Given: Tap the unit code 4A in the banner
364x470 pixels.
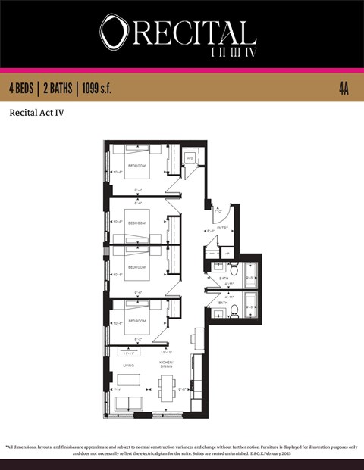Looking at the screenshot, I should pos(344,89).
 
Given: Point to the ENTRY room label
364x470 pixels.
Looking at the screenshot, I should pos(223,227).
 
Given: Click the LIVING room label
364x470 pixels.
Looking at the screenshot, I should pos(129,365).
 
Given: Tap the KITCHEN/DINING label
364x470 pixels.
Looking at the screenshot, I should pos(167,365).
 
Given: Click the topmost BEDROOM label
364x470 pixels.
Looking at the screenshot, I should pos(136,165).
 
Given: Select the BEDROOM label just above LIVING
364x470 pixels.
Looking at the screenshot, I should pos(136,321).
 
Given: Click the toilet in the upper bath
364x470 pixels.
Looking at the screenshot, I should pos(234,269).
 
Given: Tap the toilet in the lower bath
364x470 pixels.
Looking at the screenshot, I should pos(234,310).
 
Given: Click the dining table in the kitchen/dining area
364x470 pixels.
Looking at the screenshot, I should pos(167,388).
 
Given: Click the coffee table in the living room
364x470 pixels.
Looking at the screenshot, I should pos(130,380).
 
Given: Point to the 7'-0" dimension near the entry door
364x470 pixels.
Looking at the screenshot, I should pos(218,211).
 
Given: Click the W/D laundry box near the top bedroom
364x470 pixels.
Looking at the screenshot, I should pos(190,157).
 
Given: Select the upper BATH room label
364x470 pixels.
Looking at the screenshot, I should pos(224,279).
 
